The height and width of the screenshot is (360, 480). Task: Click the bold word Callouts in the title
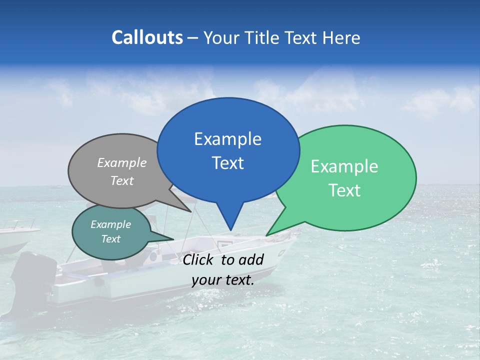[x=147, y=37]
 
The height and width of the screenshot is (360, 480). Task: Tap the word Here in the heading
[x=340, y=38]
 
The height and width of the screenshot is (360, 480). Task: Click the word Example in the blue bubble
[x=227, y=139]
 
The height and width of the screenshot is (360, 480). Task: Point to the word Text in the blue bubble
[x=227, y=163]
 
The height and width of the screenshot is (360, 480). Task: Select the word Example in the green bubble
[x=344, y=166]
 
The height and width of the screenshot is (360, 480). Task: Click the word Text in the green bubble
[x=344, y=190]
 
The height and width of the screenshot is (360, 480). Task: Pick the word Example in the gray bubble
[x=122, y=163]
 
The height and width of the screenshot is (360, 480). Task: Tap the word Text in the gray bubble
[x=122, y=180]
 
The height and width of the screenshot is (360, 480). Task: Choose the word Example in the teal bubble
[x=111, y=224]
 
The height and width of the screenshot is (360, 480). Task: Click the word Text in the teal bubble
[x=111, y=239]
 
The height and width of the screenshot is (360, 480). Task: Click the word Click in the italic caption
[x=199, y=260]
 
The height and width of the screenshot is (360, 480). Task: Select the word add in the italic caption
[x=251, y=260]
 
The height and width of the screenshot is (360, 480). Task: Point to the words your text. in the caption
[x=223, y=280]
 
